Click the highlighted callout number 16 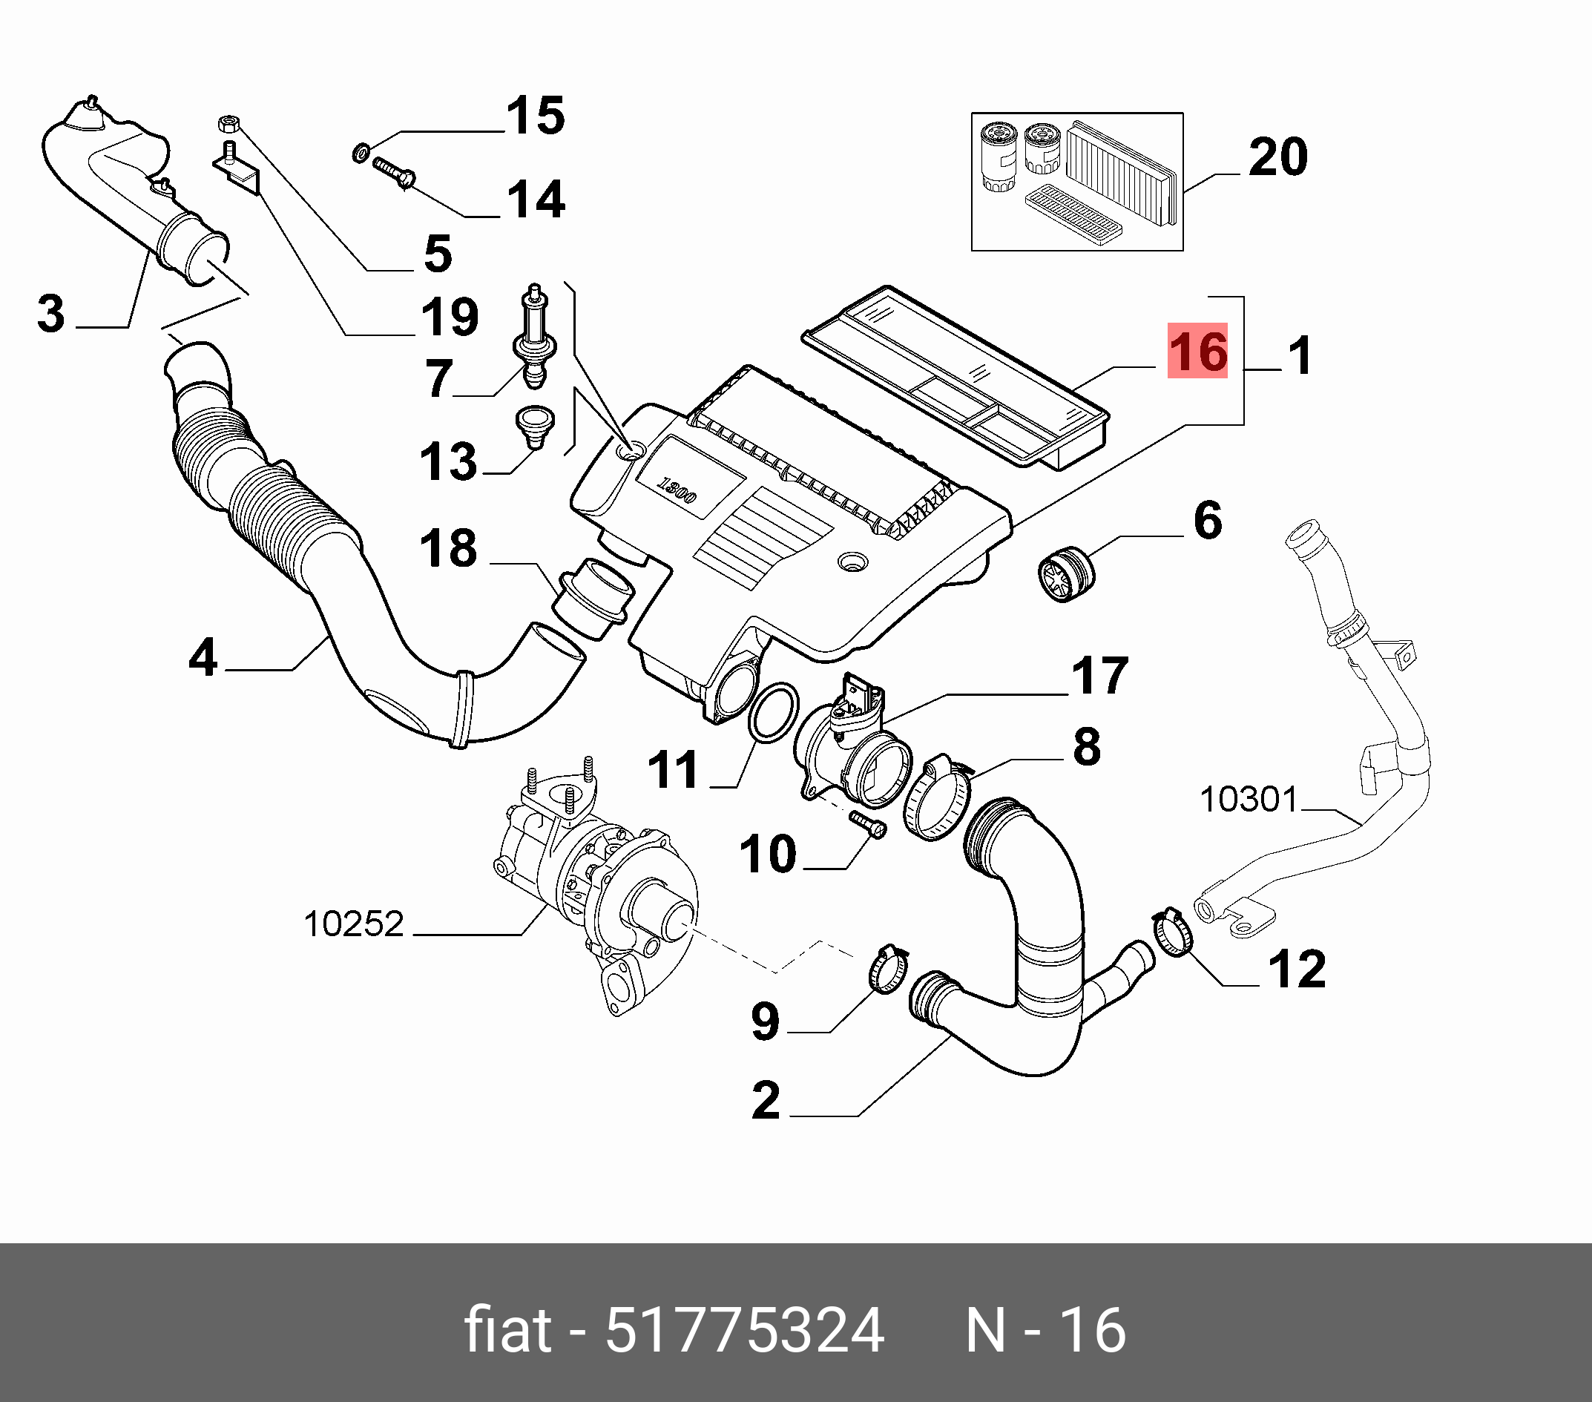coord(1197,352)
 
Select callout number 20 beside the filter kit coord(1277,157)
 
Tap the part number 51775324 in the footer coord(744,1329)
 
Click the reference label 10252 coord(353,924)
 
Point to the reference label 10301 coord(1249,799)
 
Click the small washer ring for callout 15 coord(361,153)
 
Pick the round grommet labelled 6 coord(1066,574)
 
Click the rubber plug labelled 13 coord(534,425)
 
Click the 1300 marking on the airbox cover coord(675,491)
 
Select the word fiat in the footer coord(508,1329)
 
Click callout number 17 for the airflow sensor coord(1099,675)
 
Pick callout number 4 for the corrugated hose coord(203,657)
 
